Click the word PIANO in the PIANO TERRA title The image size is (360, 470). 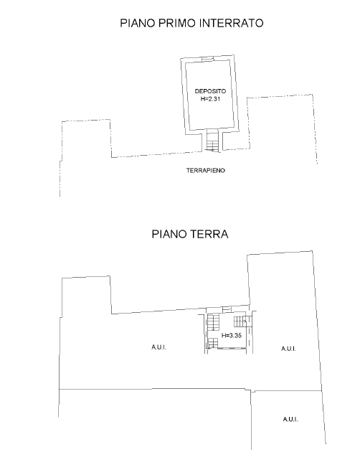tap(169, 234)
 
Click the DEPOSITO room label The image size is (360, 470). tap(210, 91)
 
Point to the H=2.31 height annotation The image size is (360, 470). tap(210, 98)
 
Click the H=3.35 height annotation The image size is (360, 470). tap(231, 335)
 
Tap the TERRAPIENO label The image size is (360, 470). tap(206, 170)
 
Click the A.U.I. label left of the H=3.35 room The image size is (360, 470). tap(158, 347)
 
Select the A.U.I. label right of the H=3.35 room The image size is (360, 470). tap(289, 349)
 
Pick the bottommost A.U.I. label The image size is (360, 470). tap(290, 419)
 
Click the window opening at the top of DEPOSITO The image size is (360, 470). tap(207, 59)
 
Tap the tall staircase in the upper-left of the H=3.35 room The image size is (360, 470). tap(214, 322)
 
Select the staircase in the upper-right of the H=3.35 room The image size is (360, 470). tap(240, 321)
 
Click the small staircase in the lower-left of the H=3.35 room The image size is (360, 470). tap(213, 343)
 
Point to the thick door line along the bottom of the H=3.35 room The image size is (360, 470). tap(232, 348)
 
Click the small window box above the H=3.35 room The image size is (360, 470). tap(227, 309)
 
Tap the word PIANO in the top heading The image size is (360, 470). tap(137, 23)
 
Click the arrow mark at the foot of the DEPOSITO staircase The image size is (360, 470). tap(212, 149)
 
